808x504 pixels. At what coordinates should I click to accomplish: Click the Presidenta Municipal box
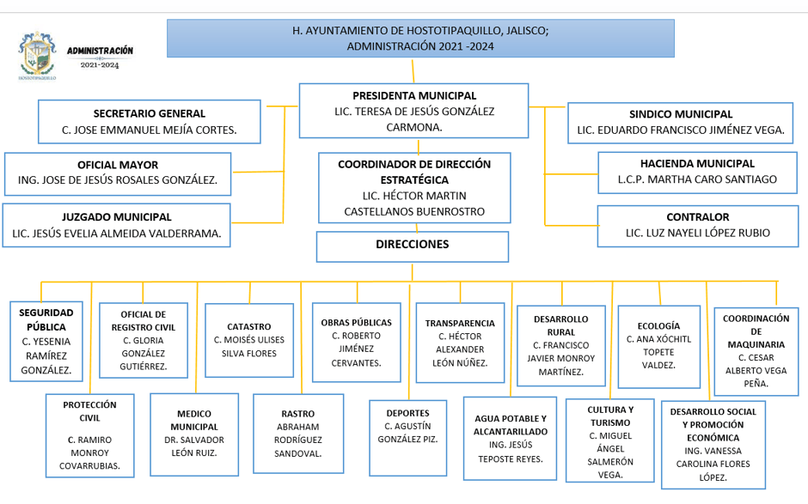point(413,110)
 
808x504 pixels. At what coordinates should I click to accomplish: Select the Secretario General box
point(150,121)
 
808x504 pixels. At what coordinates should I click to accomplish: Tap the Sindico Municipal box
point(681,122)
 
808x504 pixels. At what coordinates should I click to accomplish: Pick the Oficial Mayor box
point(118,173)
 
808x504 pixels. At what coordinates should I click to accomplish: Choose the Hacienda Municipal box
point(697,172)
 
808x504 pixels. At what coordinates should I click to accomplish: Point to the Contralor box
point(697,225)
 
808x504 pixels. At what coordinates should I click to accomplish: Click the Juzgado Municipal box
point(117,225)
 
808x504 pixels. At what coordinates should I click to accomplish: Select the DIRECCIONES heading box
point(413,245)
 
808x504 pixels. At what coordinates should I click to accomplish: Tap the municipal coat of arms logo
point(37,56)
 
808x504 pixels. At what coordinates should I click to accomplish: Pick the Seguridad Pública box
point(46,340)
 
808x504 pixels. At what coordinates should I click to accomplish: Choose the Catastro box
point(249,340)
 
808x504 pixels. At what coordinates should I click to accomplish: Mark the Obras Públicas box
point(356,342)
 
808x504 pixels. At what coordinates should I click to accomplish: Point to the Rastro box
point(298,434)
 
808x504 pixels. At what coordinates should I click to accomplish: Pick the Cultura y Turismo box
point(609,441)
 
